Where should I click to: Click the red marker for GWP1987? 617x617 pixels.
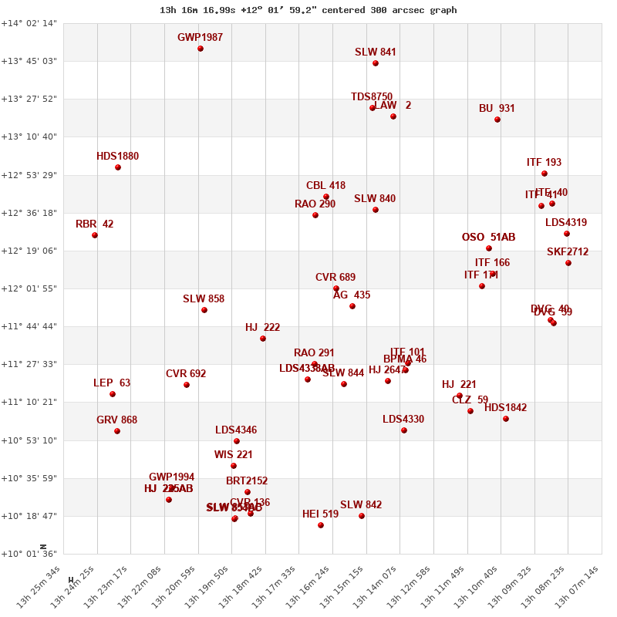pos(201,49)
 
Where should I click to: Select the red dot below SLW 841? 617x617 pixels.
pos(376,63)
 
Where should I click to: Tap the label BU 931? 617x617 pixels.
pos(497,109)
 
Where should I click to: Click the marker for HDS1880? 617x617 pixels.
pos(118,167)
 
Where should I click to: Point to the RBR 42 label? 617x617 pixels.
pos(94,224)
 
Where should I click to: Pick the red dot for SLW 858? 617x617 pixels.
pos(204,310)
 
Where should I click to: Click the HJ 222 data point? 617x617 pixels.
pos(263,339)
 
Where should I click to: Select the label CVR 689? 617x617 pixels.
pos(335,278)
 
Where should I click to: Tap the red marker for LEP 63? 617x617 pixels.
pos(113,394)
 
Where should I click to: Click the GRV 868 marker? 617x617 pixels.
pos(117,431)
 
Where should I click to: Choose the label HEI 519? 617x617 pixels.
pos(320,514)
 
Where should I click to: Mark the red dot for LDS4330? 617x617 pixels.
pos(404,430)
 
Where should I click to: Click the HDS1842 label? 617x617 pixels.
pos(505,408)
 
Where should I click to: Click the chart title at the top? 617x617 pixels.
pos(308,10)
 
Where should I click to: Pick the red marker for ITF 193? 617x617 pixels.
pos(545,174)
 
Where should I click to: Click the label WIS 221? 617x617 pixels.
pos(234,455)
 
